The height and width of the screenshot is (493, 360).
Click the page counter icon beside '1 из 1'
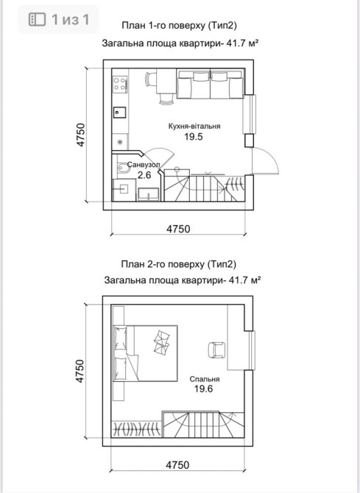click(37, 19)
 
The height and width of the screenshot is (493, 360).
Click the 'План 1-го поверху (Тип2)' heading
click(179, 26)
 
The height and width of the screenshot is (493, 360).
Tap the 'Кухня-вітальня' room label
click(194, 127)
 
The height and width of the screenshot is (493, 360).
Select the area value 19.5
click(194, 137)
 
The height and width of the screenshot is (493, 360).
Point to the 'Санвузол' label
click(144, 164)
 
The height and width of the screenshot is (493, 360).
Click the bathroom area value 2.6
click(144, 175)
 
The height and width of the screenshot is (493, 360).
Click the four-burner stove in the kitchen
click(120, 84)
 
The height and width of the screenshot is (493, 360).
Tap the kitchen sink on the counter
click(119, 113)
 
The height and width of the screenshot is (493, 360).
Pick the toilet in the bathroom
click(124, 169)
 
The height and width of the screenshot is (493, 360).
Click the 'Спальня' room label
click(205, 379)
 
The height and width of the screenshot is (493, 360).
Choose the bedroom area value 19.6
click(204, 389)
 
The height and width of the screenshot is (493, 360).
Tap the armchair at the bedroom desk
click(216, 350)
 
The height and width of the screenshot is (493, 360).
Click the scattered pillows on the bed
click(162, 341)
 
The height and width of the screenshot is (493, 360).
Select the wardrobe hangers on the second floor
click(137, 428)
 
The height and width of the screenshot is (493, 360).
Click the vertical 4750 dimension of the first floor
click(81, 135)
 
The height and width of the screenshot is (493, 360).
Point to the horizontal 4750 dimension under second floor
click(178, 465)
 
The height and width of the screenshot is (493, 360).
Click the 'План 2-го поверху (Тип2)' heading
click(178, 264)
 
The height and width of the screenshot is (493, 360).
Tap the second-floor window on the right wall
click(252, 350)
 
